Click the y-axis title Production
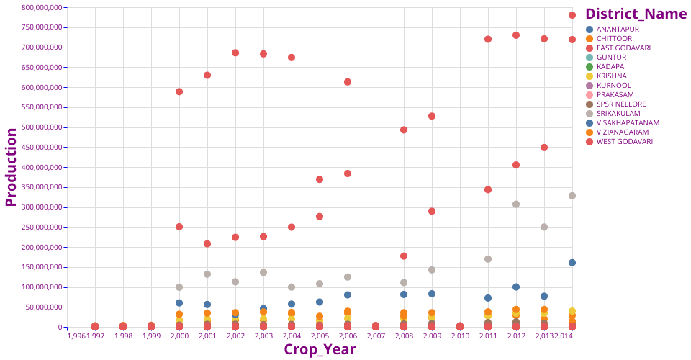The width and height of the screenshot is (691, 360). (x=11, y=167)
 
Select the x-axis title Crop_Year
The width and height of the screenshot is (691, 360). (x=320, y=349)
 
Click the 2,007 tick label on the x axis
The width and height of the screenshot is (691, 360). (x=376, y=336)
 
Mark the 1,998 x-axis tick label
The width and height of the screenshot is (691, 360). (x=123, y=336)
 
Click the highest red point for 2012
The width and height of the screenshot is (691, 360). (x=516, y=35)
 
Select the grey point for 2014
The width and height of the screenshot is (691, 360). (x=572, y=196)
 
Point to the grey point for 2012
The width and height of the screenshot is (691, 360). (x=516, y=204)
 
